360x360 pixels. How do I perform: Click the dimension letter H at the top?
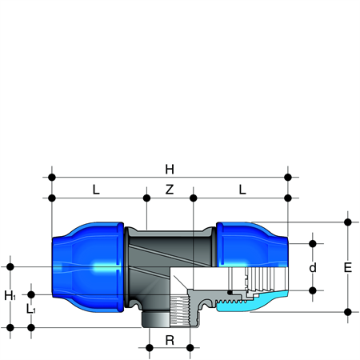170,169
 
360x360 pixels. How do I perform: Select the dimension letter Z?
170,190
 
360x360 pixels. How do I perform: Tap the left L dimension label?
96,190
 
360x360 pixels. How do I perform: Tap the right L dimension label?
242,190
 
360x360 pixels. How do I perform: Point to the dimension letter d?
313,267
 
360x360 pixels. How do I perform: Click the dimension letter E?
348,267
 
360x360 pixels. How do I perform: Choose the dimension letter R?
170,340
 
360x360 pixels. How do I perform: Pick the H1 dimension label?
10,295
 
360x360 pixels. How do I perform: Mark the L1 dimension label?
30,309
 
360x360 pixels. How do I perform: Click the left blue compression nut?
88,267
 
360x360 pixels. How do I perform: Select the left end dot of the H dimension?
52,177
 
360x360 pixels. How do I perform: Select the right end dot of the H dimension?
288,177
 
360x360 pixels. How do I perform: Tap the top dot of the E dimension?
348,222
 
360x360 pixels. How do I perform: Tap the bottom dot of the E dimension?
348,312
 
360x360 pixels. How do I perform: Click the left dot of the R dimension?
150,348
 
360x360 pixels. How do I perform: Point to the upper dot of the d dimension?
313,243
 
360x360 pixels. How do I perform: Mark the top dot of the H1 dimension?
10,266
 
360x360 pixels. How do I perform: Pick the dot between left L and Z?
146,198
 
